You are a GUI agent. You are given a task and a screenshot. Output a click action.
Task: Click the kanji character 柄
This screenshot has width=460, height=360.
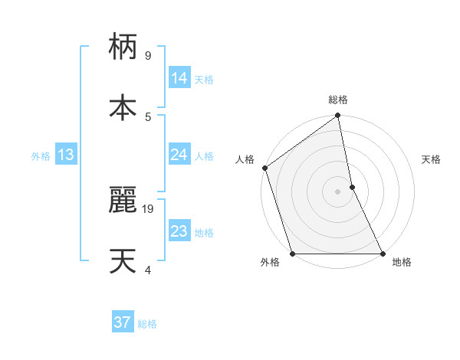tap(123, 47)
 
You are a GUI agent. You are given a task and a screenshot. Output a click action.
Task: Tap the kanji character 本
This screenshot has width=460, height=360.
tap(123, 106)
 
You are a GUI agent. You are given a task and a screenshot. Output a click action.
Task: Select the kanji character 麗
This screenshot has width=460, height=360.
tap(123, 199)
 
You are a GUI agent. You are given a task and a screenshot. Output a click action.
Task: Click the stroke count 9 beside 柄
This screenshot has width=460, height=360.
tap(147, 55)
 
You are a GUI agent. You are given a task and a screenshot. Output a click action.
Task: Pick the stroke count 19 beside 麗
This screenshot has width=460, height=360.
tap(149, 208)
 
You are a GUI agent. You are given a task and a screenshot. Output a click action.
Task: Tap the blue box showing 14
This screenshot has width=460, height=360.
tap(179, 78)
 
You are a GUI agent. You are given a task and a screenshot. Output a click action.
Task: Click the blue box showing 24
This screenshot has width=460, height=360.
tap(179, 155)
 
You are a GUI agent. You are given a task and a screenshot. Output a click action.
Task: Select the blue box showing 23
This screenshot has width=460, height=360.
tap(179, 231)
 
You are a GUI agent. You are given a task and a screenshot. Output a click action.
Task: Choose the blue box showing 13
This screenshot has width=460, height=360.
tap(66, 155)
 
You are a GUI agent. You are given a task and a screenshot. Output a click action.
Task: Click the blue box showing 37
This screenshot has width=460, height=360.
tap(122, 322)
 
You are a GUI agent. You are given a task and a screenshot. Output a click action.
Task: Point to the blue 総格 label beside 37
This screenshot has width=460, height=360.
tap(147, 324)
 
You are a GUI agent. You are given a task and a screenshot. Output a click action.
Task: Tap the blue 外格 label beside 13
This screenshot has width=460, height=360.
tap(41, 156)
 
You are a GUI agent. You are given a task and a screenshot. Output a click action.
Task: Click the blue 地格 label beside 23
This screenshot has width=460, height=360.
tap(204, 233)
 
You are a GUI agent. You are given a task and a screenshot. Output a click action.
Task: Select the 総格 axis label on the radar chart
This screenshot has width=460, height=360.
tap(338, 100)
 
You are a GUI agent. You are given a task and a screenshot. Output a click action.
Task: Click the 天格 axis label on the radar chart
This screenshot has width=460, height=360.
tap(432, 159)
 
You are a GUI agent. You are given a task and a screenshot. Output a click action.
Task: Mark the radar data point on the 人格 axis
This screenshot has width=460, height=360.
tap(264, 168)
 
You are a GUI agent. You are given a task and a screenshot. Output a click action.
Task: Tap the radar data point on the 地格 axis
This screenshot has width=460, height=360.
tap(383, 254)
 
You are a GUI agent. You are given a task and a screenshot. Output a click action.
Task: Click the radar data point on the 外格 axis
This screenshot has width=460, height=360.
tap(292, 254)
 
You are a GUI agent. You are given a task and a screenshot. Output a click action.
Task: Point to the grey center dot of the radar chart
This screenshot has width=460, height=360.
tap(338, 191)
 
